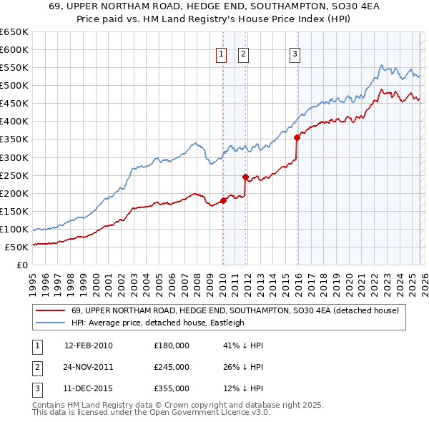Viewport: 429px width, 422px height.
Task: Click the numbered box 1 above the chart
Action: point(221,53)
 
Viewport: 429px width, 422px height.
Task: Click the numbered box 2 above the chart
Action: point(243,53)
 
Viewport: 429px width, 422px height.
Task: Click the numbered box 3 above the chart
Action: point(295,53)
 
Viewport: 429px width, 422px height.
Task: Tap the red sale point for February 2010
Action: point(223,200)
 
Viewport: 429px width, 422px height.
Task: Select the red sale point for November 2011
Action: point(245,177)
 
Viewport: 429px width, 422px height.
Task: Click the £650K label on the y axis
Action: point(15,32)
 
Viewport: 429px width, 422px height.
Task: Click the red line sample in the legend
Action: point(51,310)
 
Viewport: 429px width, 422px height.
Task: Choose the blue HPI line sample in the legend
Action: point(51,323)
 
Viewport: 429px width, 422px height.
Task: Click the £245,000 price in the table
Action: point(171,366)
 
